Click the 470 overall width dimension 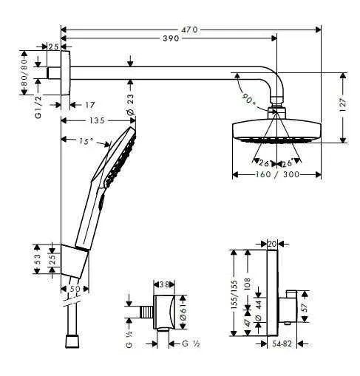coord(191,29)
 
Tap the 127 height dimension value coord(353,106)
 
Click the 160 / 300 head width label coord(276,175)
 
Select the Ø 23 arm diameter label coord(130,104)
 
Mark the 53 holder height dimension coord(36,260)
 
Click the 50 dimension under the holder coord(74,289)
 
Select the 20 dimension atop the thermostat coord(271,242)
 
